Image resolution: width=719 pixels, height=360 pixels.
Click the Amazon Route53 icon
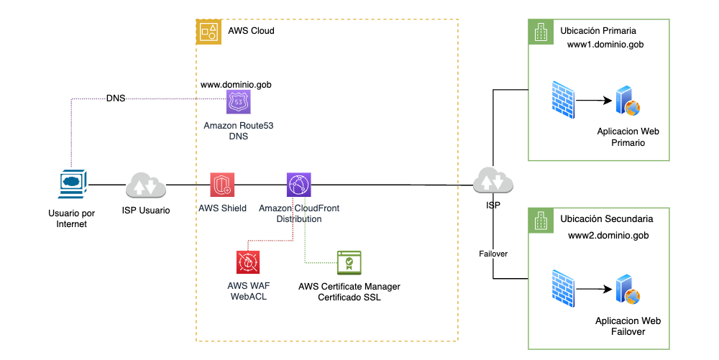click(x=239, y=102)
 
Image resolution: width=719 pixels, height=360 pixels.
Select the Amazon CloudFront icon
click(x=298, y=185)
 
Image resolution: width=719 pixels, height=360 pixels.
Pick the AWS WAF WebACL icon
click(x=248, y=263)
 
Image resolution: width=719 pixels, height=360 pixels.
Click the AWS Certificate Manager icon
click(x=349, y=263)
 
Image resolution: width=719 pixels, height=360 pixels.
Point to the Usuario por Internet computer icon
click(x=72, y=184)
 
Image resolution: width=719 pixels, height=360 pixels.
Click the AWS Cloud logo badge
click(x=209, y=31)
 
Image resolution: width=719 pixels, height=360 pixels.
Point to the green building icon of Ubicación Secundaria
click(x=539, y=219)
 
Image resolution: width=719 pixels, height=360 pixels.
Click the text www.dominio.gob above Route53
click(x=236, y=84)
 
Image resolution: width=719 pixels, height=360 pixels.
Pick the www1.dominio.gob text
click(x=605, y=45)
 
